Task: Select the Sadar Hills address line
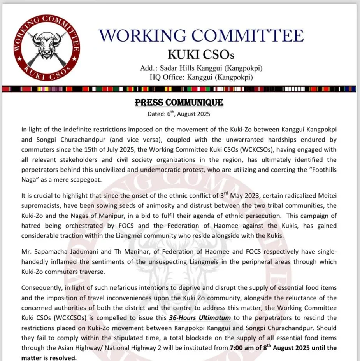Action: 201,68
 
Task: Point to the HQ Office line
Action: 201,77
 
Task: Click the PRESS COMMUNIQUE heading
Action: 179,103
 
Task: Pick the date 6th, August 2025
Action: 179,114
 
